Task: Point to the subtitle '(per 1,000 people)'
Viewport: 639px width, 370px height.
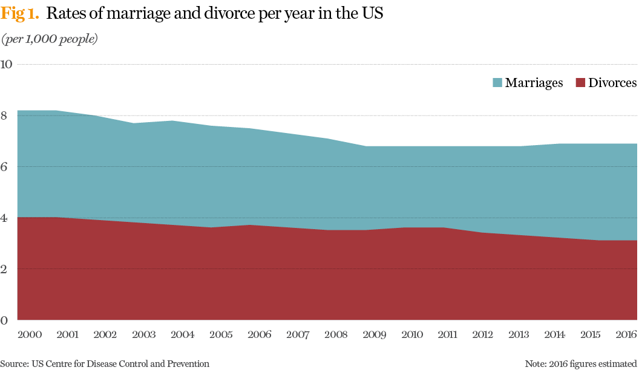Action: tap(50, 39)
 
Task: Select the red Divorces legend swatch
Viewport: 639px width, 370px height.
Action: tap(579, 83)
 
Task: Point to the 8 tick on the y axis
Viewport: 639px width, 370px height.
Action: tap(5, 115)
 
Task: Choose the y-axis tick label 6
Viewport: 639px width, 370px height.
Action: tap(5, 166)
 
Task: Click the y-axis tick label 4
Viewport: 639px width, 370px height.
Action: tap(5, 218)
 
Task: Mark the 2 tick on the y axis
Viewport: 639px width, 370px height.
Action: tap(5, 268)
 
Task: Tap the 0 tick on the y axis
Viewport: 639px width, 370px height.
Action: tap(5, 320)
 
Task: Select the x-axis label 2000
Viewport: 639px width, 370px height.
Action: tap(30, 334)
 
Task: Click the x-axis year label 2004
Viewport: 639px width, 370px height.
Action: tap(182, 334)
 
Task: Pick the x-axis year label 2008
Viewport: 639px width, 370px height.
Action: tap(336, 334)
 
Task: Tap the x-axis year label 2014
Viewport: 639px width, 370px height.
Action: tap(565, 334)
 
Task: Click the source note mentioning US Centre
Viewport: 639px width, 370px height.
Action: tap(105, 363)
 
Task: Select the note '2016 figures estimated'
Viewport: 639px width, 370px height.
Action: tap(581, 363)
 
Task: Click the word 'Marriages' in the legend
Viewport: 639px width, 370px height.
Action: tap(534, 83)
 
